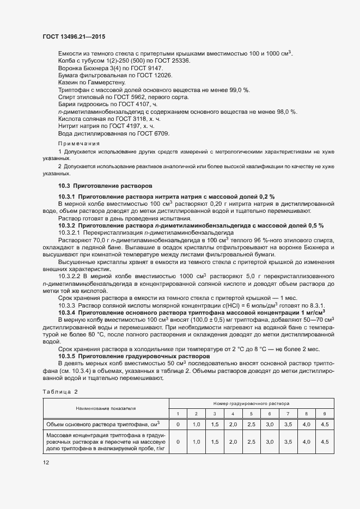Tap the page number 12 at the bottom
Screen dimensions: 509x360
[46, 462]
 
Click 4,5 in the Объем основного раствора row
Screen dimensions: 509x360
[325, 424]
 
